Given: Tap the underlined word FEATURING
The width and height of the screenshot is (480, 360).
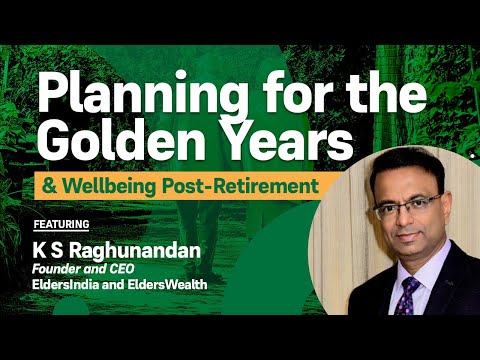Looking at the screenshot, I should point(61,223).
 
